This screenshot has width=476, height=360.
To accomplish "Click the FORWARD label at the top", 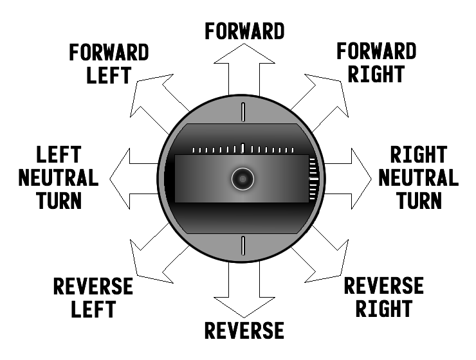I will pos(244,31).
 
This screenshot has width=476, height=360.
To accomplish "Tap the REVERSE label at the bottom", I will pos(244,330).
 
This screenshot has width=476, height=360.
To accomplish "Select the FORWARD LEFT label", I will pos(109,63).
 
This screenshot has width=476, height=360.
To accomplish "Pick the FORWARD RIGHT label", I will pos(376,62).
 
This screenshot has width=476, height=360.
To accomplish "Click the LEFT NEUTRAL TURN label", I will pos(58,177).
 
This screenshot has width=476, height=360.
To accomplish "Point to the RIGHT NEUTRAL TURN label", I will pos(418,177).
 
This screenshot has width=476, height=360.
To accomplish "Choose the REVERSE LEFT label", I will pos(93,298).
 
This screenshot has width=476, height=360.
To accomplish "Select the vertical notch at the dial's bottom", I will pos(243,246).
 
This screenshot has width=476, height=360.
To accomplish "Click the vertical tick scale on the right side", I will pos(313,177).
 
